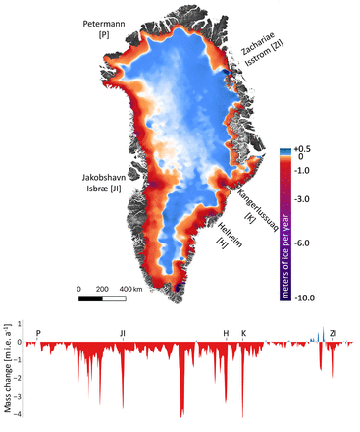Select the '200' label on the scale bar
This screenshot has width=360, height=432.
point(100,290)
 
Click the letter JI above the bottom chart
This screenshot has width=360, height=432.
point(123,333)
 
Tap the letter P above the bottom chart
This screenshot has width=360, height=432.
point(38,333)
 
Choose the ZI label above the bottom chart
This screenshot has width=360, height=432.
point(334,333)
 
